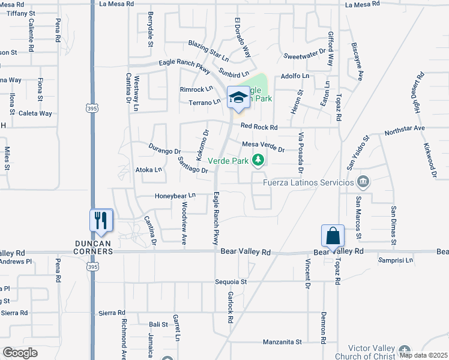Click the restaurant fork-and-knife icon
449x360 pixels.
pyautogui.click(x=101, y=220)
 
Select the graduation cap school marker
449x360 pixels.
pyautogui.click(x=238, y=98)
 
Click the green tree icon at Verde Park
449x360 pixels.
pyautogui.click(x=258, y=160)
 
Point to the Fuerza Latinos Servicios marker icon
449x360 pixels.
pyautogui.click(x=363, y=182)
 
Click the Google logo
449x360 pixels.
pyautogui.click(x=19, y=353)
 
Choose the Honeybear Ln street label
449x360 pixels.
pyautogui.click(x=176, y=196)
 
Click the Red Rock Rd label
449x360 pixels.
pyautogui.click(x=259, y=127)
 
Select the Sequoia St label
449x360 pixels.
pyautogui.click(x=231, y=281)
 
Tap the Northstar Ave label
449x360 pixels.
pyautogui.click(x=405, y=128)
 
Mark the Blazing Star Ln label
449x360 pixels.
pyautogui.click(x=208, y=52)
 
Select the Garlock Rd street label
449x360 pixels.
pyautogui.click(x=230, y=308)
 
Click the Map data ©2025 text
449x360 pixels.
pyautogui.click(x=424, y=355)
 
